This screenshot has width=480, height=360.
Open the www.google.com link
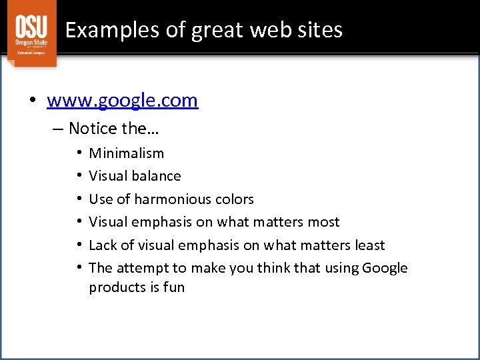122,100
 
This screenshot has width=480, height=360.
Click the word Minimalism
127,153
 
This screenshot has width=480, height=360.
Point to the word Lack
103,245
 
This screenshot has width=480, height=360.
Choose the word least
369,245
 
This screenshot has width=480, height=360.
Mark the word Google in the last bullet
385,268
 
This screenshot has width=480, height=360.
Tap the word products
115,287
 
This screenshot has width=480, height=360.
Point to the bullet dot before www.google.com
33,101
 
